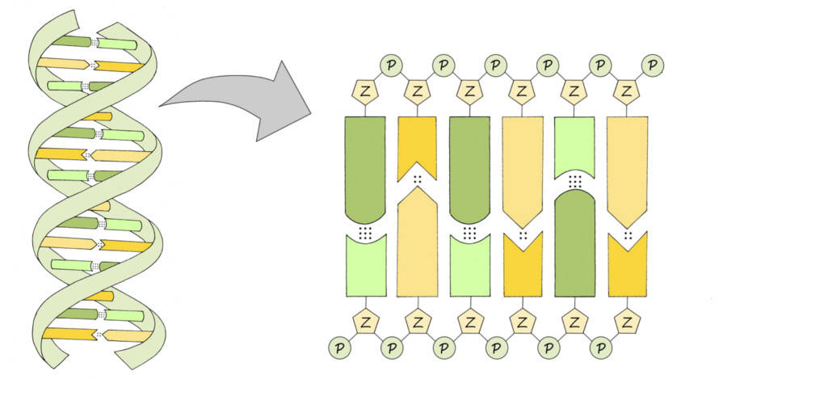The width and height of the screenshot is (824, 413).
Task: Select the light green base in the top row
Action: click(574, 145)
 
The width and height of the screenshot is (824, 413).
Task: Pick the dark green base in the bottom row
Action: click(574, 247)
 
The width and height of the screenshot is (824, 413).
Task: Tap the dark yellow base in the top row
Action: click(417, 144)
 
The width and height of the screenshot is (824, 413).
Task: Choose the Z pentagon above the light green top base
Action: click(574, 90)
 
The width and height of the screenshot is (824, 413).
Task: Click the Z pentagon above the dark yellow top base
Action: click(417, 90)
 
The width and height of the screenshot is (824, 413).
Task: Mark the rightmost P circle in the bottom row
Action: click(600, 348)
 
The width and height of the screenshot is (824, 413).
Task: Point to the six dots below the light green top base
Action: click(574, 182)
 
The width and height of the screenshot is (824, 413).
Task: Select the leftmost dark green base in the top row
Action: click(365, 166)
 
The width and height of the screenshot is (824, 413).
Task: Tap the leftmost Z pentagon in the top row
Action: click(365, 90)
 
